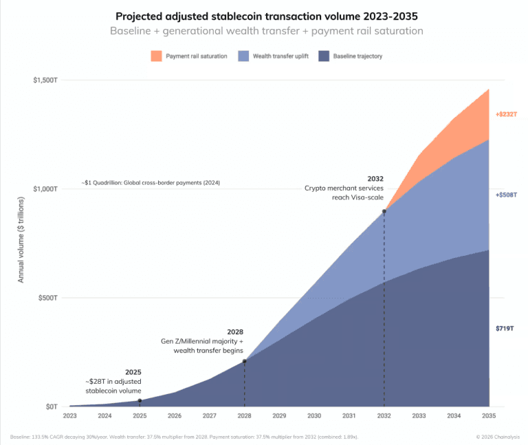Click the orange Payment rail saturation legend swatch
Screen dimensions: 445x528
157,56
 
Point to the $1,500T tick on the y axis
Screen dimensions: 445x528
45,80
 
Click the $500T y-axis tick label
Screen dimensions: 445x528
48,298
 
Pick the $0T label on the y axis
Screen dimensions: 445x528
52,406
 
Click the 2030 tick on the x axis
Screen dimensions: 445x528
314,416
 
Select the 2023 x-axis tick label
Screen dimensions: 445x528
69,416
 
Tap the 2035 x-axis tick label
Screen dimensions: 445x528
489,416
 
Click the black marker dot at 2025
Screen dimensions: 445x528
140,401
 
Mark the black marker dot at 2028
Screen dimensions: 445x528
244,361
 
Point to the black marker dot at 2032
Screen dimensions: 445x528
384,211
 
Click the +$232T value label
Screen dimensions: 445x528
505,114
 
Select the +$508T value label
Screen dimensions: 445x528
505,195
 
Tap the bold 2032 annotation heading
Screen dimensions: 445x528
375,178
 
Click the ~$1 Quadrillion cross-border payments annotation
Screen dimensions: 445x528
155,184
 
